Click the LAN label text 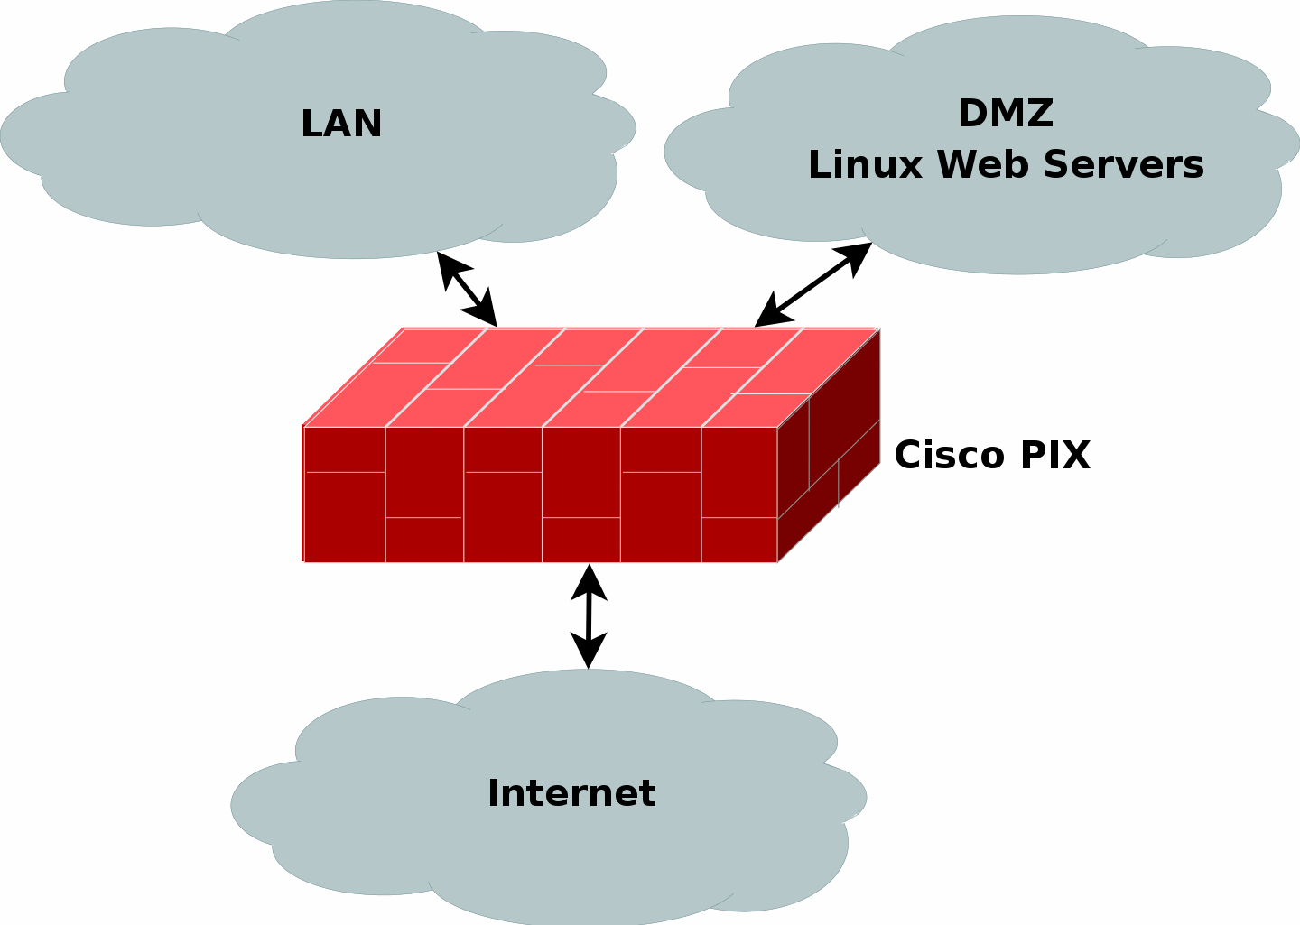(341, 124)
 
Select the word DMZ (1006, 114)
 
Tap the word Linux (867, 165)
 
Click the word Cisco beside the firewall (951, 455)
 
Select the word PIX (1055, 455)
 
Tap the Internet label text (571, 793)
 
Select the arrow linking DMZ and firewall (812, 285)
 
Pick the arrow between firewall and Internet (590, 616)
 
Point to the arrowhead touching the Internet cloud (590, 653)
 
